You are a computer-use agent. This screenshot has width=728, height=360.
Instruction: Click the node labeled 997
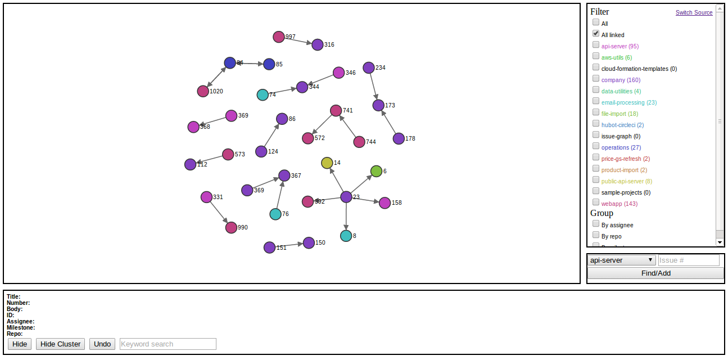(x=279, y=37)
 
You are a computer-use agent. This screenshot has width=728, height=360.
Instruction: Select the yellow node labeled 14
(x=327, y=163)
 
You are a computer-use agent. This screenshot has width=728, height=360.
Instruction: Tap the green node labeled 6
(x=377, y=171)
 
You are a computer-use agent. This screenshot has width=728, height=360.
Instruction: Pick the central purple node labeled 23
(x=346, y=197)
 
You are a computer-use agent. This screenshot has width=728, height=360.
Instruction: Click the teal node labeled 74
(x=263, y=94)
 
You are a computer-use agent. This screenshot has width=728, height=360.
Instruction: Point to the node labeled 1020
(x=203, y=91)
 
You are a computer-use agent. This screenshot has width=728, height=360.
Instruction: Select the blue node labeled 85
(x=269, y=64)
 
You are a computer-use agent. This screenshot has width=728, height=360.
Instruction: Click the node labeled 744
(x=359, y=142)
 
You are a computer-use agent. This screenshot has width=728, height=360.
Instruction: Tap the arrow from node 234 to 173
(x=373, y=86)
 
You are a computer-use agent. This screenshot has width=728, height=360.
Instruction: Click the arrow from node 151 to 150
(x=289, y=245)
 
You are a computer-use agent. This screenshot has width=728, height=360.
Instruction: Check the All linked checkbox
(x=596, y=34)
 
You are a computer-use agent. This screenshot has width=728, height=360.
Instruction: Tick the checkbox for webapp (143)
(x=596, y=202)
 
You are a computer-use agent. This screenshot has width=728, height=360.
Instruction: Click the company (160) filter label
(x=621, y=80)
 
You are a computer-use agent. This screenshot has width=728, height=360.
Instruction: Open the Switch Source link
(x=694, y=12)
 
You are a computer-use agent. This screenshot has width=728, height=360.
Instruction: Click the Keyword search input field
(x=168, y=344)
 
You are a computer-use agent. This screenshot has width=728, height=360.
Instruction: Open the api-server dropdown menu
(x=622, y=260)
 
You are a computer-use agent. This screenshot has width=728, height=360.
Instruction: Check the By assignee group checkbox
(x=596, y=224)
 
